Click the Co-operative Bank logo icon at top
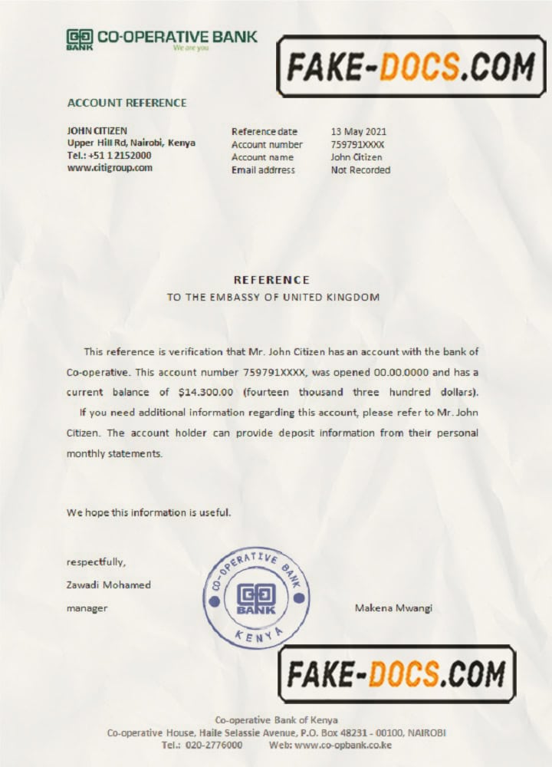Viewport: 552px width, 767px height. (x=79, y=38)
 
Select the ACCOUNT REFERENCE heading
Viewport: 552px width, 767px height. (x=127, y=103)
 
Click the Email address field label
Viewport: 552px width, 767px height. (x=263, y=170)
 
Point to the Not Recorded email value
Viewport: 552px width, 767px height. (x=360, y=170)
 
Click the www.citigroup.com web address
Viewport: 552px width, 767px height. (x=110, y=167)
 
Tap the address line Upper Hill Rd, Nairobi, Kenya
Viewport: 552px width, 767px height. (x=131, y=143)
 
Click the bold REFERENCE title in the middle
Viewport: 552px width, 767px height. (x=271, y=280)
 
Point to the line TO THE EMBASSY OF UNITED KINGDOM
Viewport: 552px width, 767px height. (x=273, y=297)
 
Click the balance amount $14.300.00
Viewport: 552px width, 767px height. (x=205, y=393)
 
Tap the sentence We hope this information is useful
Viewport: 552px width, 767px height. (x=148, y=512)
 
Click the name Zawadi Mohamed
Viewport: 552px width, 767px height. (x=109, y=584)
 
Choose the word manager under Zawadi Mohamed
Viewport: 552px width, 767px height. (x=87, y=608)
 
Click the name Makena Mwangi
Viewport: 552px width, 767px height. (x=393, y=608)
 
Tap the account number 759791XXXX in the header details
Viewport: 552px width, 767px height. (x=357, y=144)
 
